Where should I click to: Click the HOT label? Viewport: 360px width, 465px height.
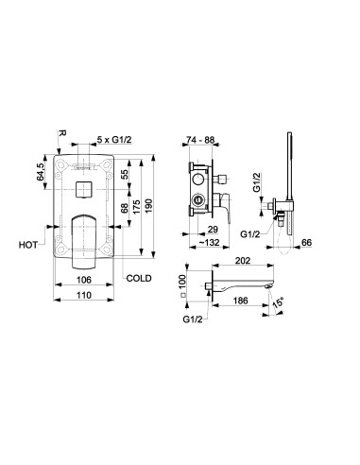coord(28,245)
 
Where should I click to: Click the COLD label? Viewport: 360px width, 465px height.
coord(139,279)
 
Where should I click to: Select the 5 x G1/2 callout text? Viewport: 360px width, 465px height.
coord(114,140)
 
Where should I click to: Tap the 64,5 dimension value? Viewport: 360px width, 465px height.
coord(42,172)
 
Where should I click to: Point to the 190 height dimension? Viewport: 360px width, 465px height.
coord(148,205)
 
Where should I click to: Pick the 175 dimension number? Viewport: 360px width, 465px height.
coord(136,207)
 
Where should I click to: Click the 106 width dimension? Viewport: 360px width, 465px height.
coord(84,280)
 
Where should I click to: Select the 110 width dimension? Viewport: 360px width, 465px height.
coord(84,295)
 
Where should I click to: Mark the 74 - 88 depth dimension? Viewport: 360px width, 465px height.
coord(200,140)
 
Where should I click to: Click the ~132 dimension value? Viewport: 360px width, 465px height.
coord(210,243)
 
